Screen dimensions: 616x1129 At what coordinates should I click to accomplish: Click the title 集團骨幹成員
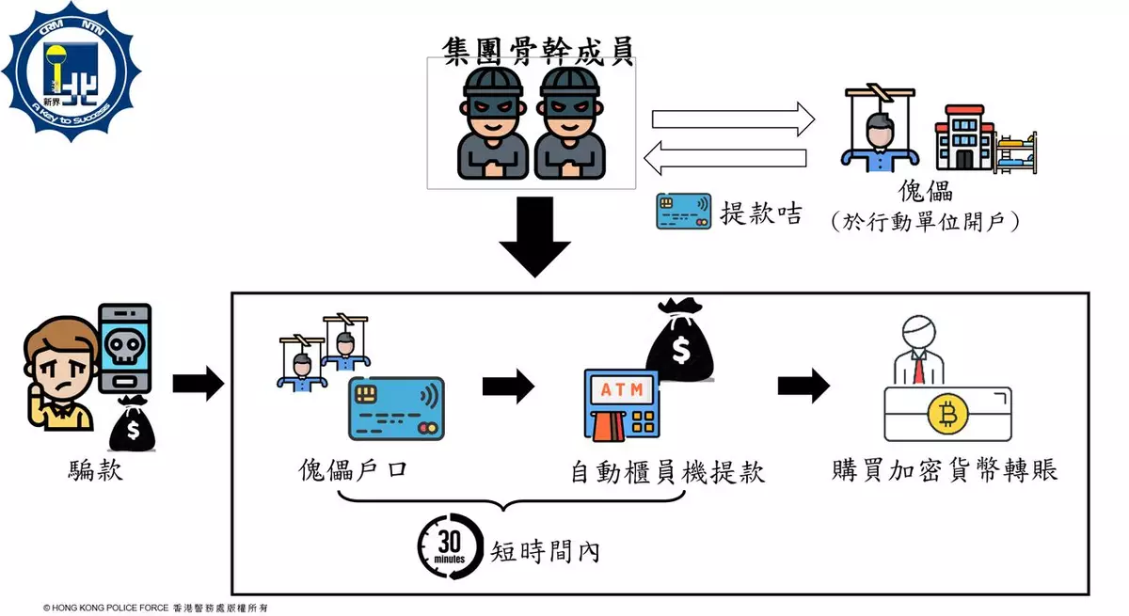tap(537, 48)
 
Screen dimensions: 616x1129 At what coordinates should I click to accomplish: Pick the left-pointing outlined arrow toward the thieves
tap(725, 157)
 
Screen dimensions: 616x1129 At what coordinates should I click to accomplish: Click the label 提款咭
tap(760, 213)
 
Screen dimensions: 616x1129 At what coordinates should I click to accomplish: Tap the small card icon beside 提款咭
tap(683, 212)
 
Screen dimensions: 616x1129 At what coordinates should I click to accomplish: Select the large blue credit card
tap(396, 409)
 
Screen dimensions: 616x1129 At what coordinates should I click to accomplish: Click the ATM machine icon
tap(619, 407)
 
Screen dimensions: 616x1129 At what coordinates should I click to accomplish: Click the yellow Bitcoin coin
tap(947, 415)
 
